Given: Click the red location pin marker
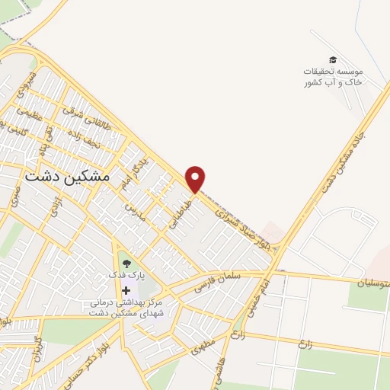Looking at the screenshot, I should pyautogui.click(x=196, y=179).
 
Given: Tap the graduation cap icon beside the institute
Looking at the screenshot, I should pyautogui.click(x=332, y=59).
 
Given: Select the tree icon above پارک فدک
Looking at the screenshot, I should pyautogui.click(x=126, y=265).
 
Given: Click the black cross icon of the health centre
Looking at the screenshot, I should pyautogui.click(x=126, y=290).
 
